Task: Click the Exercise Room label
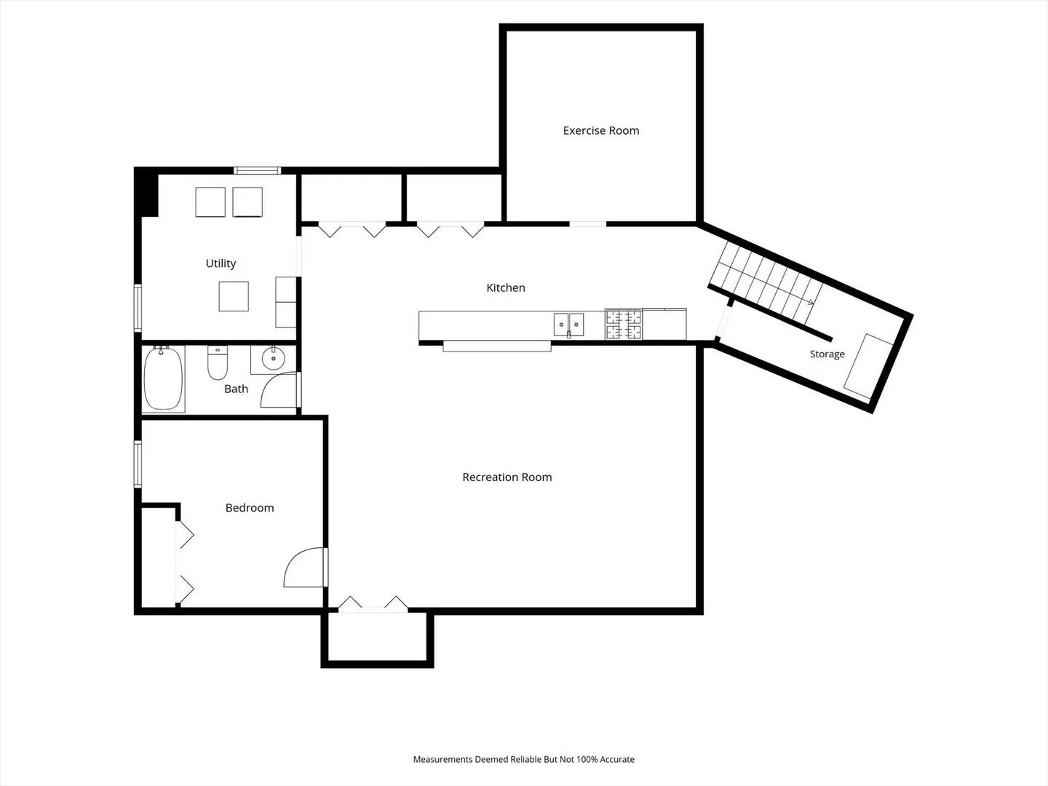[x=600, y=130]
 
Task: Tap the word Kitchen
[x=506, y=287]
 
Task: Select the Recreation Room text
[x=507, y=477]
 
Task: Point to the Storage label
[x=827, y=354]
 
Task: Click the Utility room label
[x=221, y=263]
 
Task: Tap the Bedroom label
[x=250, y=507]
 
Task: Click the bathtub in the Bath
[x=163, y=378]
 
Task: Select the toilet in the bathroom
[x=218, y=362]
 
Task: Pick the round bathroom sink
[x=273, y=358]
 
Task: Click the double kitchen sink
[x=568, y=325]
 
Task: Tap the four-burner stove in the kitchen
[x=624, y=324]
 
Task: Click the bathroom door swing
[x=279, y=389]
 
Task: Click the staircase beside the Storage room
[x=766, y=282]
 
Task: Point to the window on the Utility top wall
[x=258, y=170]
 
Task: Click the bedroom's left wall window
[x=138, y=464]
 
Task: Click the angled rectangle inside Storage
[x=868, y=367]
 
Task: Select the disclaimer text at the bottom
[x=524, y=759]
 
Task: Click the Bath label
[x=237, y=389]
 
